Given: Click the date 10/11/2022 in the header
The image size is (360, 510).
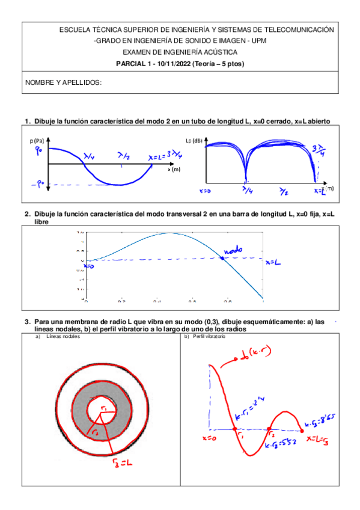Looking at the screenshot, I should pos(169,64).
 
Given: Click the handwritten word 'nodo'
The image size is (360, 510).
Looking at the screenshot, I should pos(233,248).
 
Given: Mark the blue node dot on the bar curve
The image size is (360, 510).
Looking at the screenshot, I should pos(222,258).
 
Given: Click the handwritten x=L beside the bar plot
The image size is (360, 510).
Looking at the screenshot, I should pos(275,262).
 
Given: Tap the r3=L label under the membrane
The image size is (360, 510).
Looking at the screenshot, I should pos(122,462).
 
